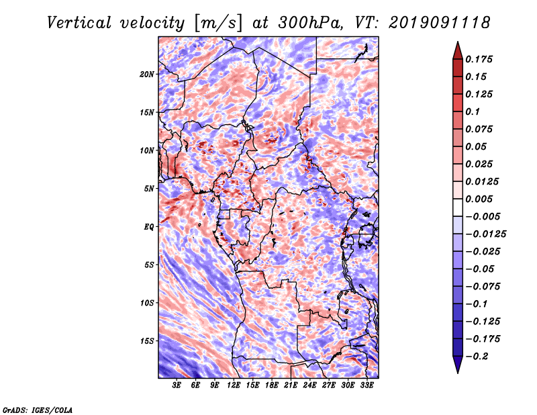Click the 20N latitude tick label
coord(147,74)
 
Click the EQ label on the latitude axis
coord(149,226)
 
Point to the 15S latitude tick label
coord(147,340)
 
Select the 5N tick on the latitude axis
coord(149,188)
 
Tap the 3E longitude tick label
coord(177,385)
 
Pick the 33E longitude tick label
coord(367,385)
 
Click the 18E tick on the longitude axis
coord(272,385)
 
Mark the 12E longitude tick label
coord(234,385)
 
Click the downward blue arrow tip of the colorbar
coord(457,370)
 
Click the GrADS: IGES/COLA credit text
coord(37,408)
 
